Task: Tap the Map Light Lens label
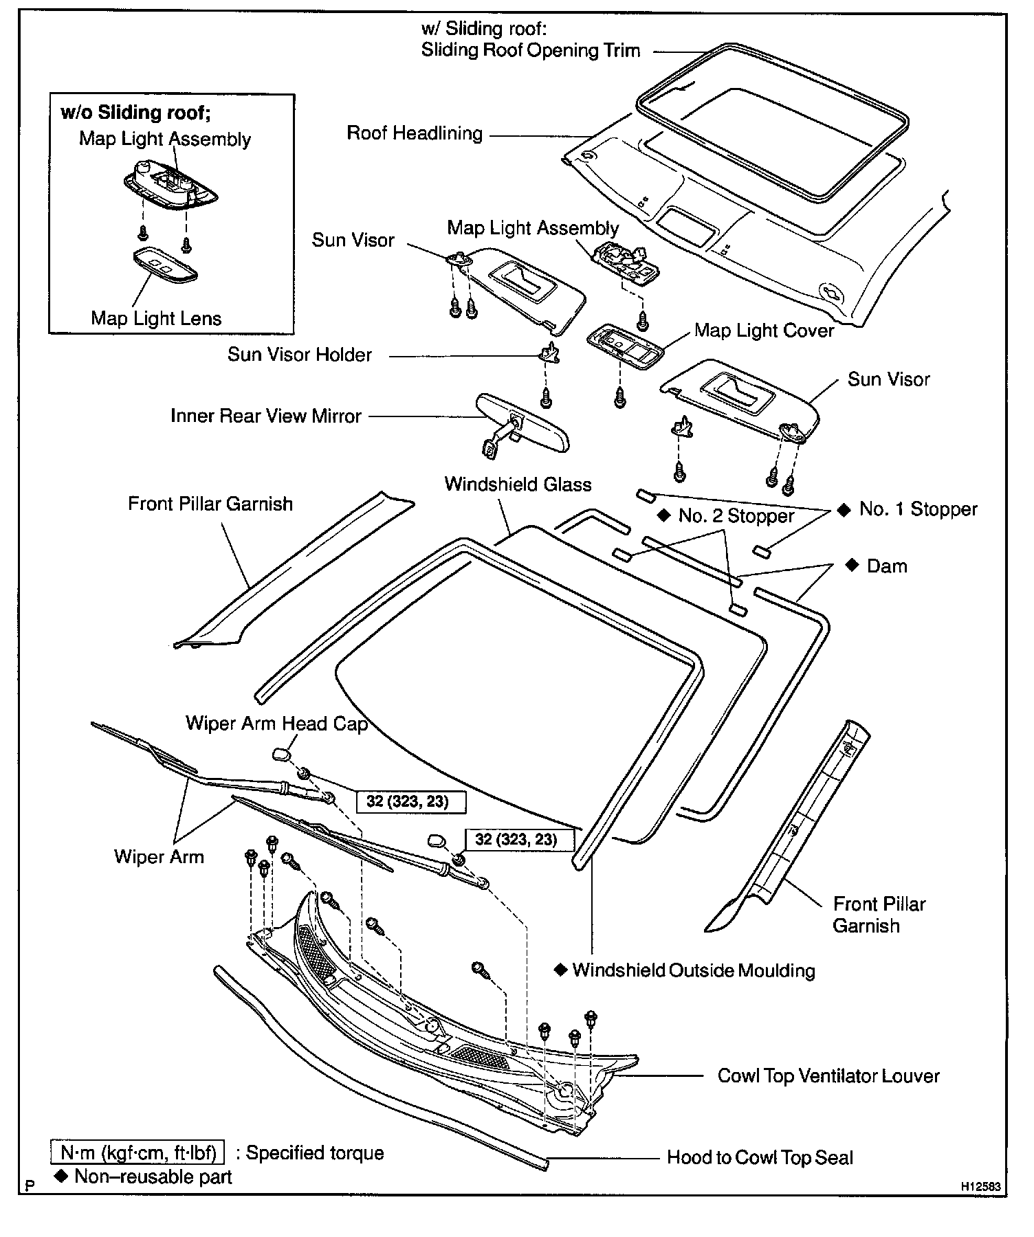click(156, 318)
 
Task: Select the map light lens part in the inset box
click(165, 264)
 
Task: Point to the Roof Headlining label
click(415, 133)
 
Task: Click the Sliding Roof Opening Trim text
click(530, 50)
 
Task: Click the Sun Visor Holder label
click(300, 355)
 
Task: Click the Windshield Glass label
click(518, 484)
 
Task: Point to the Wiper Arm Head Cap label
click(276, 724)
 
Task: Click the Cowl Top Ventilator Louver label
click(828, 1076)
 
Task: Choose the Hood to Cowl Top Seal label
click(760, 1158)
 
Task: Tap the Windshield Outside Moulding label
click(694, 970)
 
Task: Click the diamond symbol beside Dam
click(852, 565)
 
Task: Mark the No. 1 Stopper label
click(918, 509)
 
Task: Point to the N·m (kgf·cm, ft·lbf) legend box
click(137, 1152)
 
